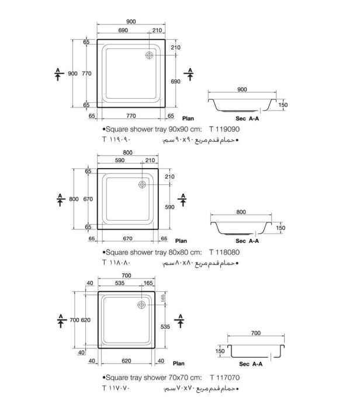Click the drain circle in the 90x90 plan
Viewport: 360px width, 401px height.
tap(150, 55)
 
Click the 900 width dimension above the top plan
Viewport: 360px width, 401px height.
tap(131, 22)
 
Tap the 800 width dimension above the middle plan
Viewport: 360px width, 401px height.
tap(128, 153)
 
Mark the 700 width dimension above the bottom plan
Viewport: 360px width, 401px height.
tap(126, 275)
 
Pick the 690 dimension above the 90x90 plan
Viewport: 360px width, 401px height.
tap(123, 29)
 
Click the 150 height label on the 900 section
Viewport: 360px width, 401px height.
tap(284, 105)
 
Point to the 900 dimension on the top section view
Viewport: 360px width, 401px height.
tap(243, 89)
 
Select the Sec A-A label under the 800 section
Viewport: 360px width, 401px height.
tap(247, 240)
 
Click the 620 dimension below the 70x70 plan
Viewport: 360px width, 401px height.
tap(126, 361)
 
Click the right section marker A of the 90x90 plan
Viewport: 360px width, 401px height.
tap(189, 73)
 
